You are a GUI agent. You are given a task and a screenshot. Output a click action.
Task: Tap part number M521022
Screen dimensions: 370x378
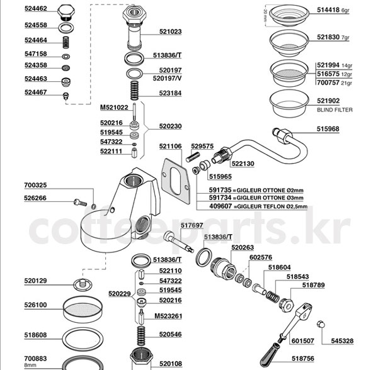[114, 108]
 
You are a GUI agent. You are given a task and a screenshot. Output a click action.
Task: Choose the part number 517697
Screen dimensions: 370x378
[192, 225]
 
